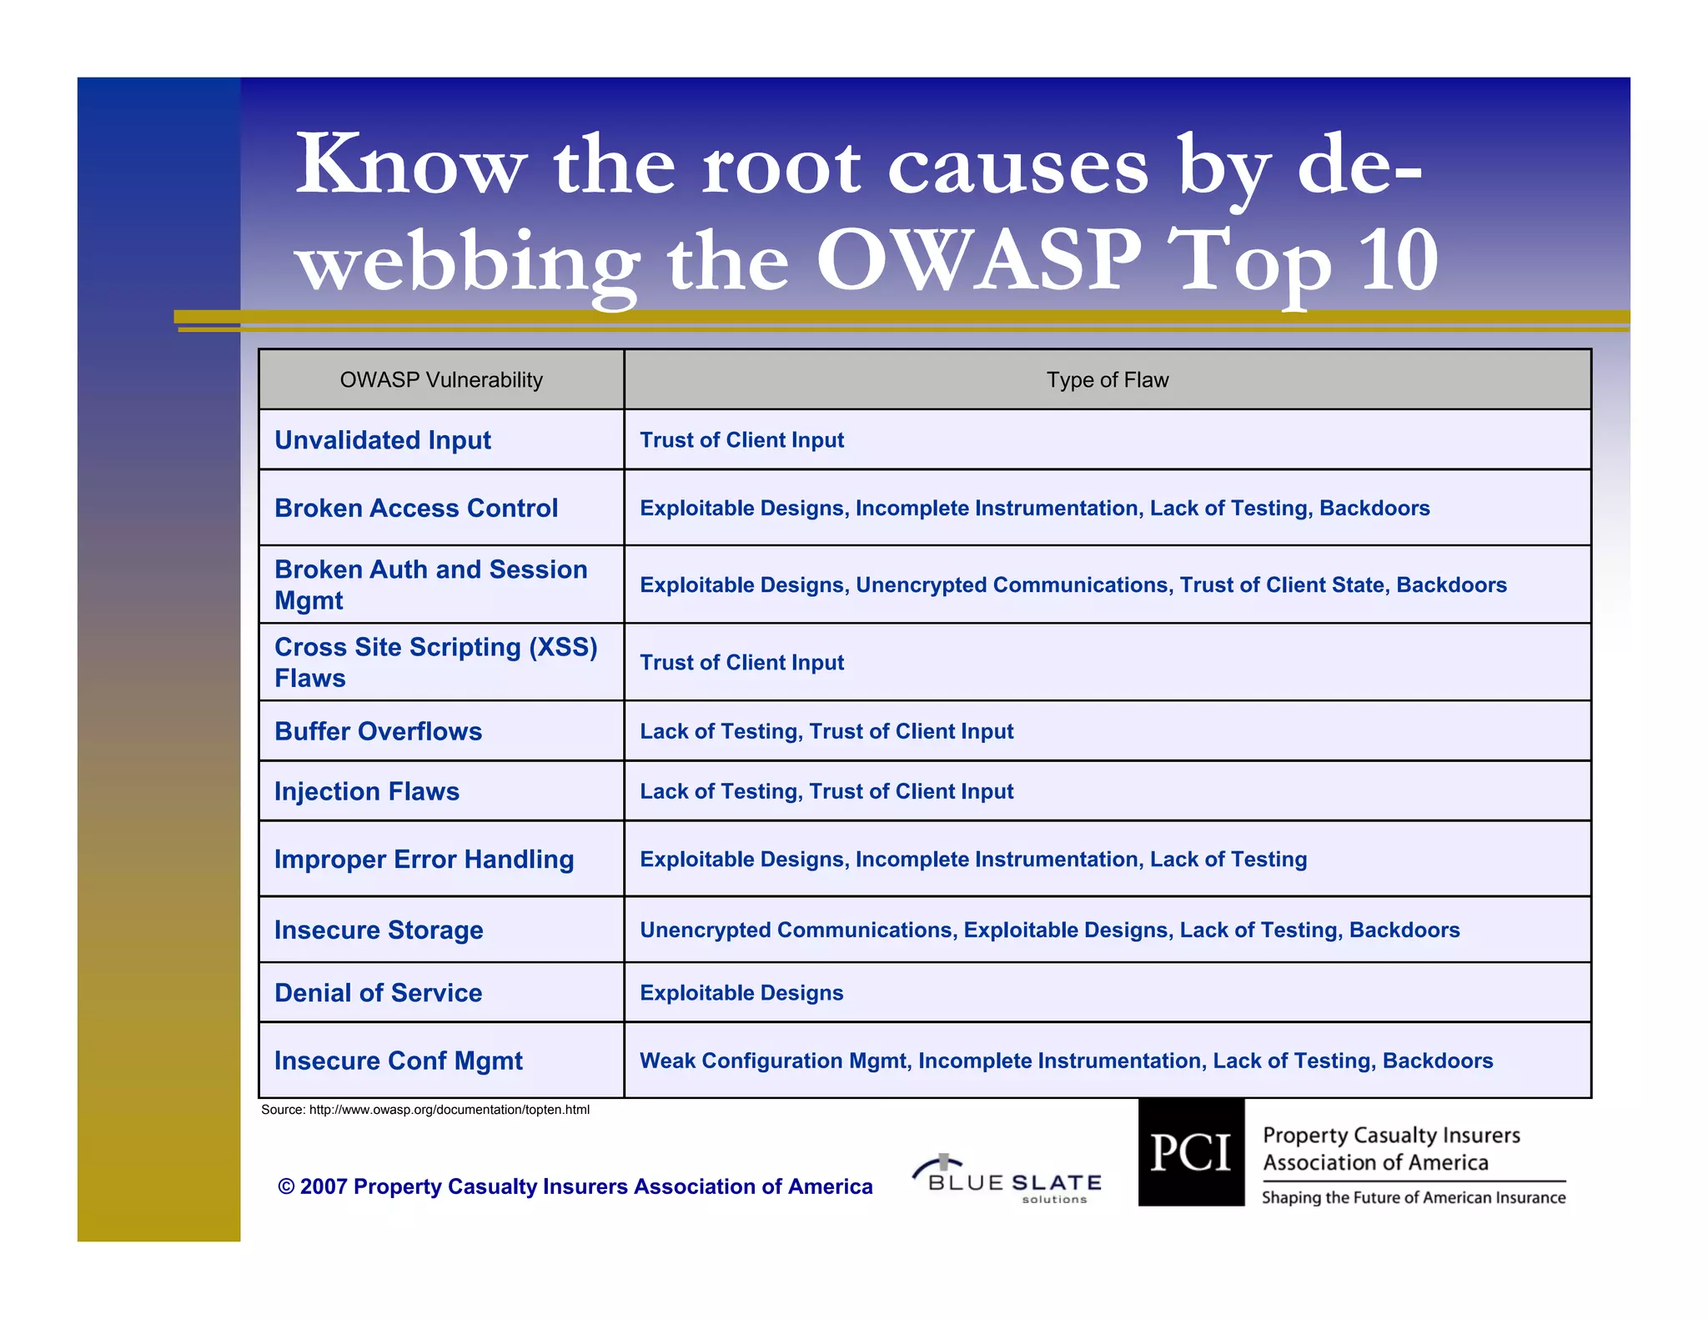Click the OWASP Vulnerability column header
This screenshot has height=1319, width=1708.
[x=441, y=380]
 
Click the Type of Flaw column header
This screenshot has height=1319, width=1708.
[x=1107, y=380]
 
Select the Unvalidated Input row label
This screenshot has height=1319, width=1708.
[x=383, y=440]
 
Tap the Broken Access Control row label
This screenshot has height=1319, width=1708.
[x=416, y=509]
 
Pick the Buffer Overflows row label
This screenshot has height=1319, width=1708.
[x=378, y=731]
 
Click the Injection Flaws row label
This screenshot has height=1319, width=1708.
[x=367, y=791]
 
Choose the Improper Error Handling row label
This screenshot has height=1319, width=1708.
[x=424, y=860]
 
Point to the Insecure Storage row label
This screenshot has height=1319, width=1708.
[x=379, y=930]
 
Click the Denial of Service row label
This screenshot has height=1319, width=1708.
[x=378, y=993]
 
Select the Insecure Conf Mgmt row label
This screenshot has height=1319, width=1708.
[x=398, y=1061]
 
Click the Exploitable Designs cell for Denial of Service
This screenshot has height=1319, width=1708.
[x=741, y=993]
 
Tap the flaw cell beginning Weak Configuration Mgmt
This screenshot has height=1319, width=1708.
[x=1066, y=1061]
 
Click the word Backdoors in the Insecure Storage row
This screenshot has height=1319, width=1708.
[x=1404, y=930]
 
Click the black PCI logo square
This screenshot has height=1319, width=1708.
[x=1191, y=1152]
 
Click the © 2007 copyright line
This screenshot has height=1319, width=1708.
[x=575, y=1186]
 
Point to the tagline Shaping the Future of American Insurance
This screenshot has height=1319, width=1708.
[x=1413, y=1198]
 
